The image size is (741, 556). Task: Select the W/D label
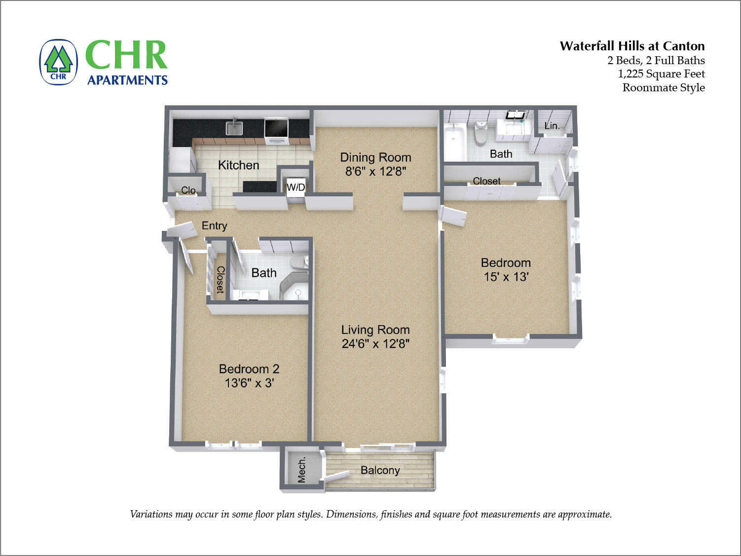(x=296, y=187)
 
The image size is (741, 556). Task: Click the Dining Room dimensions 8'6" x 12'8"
(x=375, y=171)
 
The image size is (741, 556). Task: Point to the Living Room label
(x=375, y=330)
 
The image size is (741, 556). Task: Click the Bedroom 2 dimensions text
(x=249, y=383)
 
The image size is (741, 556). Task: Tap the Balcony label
(x=380, y=470)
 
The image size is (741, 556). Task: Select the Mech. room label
(x=301, y=470)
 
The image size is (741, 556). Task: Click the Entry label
(x=215, y=225)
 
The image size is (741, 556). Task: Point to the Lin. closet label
(x=552, y=126)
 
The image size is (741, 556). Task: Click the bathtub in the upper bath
(x=454, y=142)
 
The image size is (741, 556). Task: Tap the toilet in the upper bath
(x=481, y=132)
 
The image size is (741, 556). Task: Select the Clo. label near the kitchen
(x=189, y=190)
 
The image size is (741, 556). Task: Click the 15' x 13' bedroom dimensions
(x=506, y=277)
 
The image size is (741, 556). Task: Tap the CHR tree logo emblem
(x=58, y=62)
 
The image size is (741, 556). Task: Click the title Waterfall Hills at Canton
(x=632, y=46)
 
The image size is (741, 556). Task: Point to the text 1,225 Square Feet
(x=662, y=74)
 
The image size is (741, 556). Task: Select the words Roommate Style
(x=664, y=88)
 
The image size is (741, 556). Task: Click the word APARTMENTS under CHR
(x=127, y=80)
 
